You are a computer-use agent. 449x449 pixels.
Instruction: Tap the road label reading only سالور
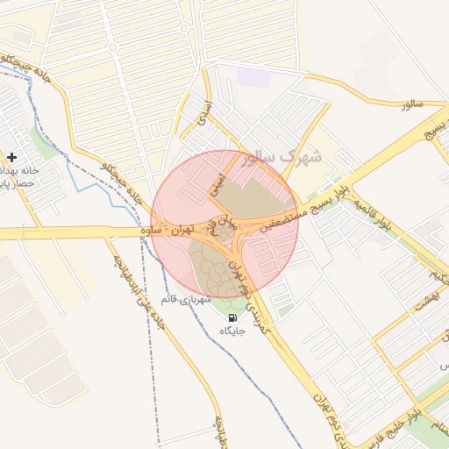tap(411, 105)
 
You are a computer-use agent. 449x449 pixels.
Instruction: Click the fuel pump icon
tap(232, 317)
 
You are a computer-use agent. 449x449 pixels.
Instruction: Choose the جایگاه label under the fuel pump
tap(232, 331)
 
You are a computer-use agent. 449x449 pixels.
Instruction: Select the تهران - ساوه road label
tap(167, 230)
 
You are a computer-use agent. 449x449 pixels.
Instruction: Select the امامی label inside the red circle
tap(218, 182)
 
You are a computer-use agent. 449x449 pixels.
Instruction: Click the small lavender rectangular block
tap(254, 77)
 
